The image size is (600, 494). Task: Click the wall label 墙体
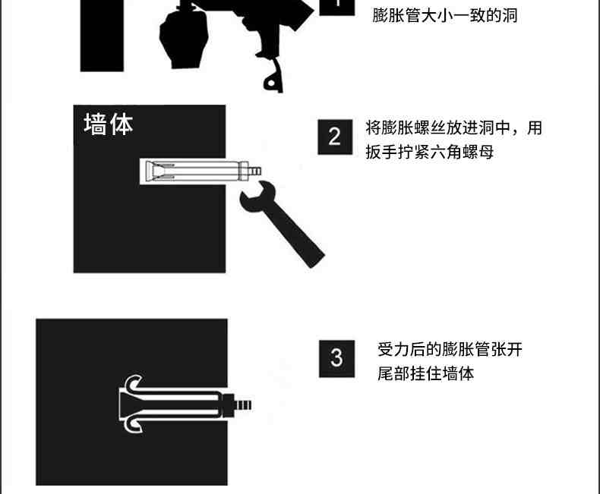point(109,124)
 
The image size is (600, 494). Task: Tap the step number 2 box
point(335,137)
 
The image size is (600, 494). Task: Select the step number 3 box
point(336,359)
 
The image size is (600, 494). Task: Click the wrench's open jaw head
point(257,197)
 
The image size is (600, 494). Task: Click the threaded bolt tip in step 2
point(255,171)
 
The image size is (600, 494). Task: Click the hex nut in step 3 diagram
point(228,405)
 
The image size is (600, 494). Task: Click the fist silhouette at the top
point(184,38)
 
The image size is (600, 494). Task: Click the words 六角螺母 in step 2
point(462,152)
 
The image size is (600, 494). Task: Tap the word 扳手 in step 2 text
point(381,152)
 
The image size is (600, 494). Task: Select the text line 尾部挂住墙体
point(426,373)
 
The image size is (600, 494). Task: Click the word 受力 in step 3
point(393,350)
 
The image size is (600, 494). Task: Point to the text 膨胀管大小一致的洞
point(445,16)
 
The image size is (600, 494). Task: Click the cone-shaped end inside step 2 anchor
point(155,171)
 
